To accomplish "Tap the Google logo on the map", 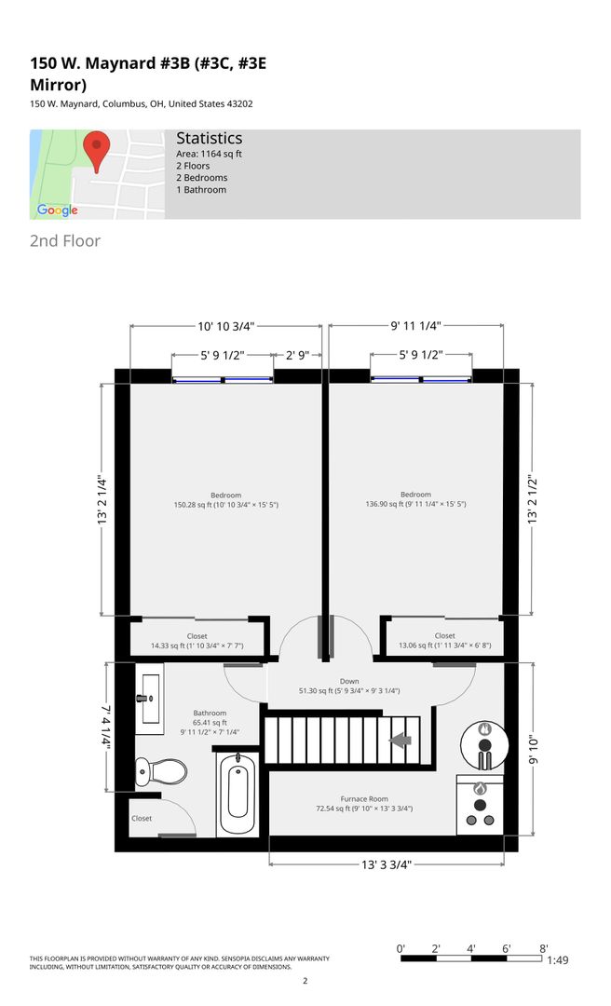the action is tap(57, 211).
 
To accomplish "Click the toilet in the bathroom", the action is tap(160, 771).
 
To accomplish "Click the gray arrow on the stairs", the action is tap(401, 741).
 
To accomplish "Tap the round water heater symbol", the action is tap(484, 745).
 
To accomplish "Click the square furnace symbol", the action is tap(480, 805).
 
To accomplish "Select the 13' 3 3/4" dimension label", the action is tap(386, 864).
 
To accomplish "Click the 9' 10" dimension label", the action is tap(533, 749).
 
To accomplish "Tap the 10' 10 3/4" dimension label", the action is tap(226, 326).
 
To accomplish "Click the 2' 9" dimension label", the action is tap(297, 355).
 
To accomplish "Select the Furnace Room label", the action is tap(364, 799).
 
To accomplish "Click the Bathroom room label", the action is tap(210, 713).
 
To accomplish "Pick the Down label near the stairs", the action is tap(349, 681).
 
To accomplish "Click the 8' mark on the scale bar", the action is tap(544, 949).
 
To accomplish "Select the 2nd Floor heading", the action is tap(65, 241).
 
